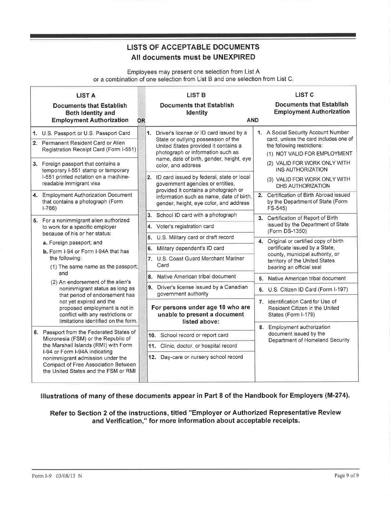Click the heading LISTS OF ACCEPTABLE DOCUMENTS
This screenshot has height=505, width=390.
193,47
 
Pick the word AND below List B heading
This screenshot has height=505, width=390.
253,120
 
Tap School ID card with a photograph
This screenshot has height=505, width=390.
197,215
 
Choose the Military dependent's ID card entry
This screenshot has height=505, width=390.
190,248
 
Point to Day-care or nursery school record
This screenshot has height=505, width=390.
201,357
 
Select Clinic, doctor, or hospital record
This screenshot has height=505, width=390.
198,346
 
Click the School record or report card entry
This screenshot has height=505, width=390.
194,335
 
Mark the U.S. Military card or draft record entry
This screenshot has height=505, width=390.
195,237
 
